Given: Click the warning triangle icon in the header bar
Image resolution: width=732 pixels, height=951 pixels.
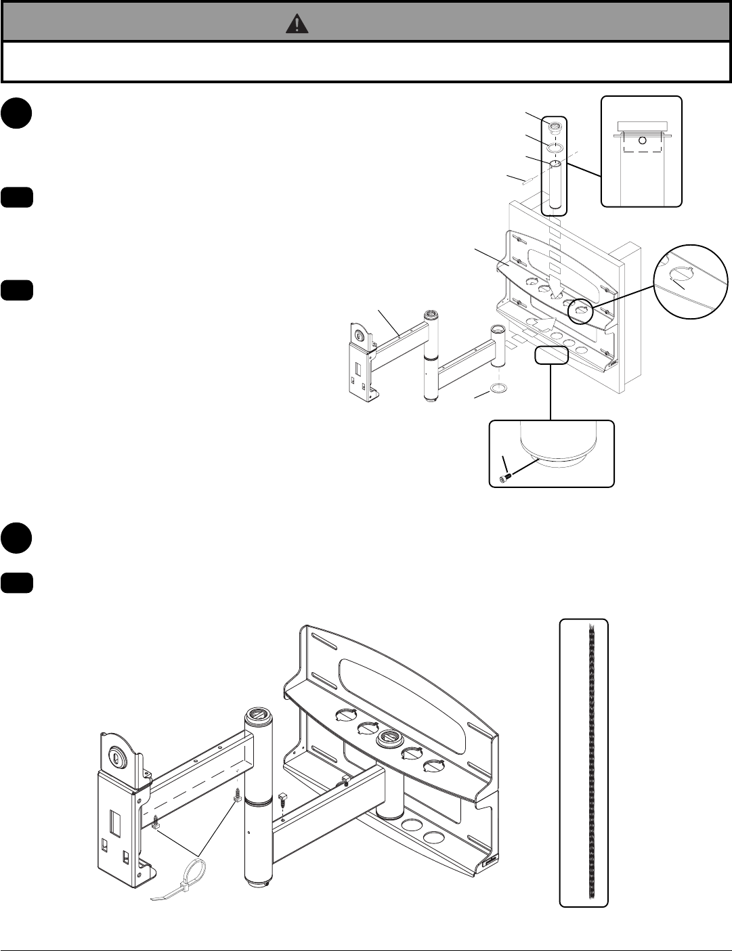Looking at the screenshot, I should point(297,24).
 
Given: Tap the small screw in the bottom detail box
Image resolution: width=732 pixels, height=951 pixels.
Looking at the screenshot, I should point(505,479).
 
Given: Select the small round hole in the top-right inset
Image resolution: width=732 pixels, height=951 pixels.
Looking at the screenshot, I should point(643,141).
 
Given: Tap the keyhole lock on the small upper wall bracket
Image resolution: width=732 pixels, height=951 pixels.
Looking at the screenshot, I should point(359,334).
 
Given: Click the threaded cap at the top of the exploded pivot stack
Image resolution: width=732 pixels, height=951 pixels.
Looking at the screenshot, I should point(555,126).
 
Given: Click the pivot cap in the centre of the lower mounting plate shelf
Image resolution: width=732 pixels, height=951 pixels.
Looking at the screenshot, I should point(389,738).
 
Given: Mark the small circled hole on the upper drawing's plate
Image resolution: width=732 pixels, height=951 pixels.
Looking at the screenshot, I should point(580,311).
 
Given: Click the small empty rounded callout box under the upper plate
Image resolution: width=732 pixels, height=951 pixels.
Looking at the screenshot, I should point(551,355).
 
